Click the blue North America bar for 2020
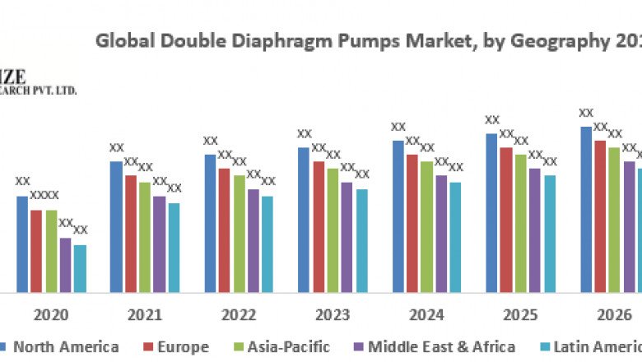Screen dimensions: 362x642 pos(22,244)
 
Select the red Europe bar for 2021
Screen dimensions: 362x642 pos(130,234)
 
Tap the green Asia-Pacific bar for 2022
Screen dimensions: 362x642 pos(239,234)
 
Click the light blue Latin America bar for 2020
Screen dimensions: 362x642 pos(80,268)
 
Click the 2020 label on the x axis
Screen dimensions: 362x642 pos(51,315)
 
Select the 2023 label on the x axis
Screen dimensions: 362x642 pos(333,315)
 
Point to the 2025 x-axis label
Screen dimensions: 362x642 pos(520,315)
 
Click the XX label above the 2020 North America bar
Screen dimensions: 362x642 pos(23,181)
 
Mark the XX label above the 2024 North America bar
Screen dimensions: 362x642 pos(398,127)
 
